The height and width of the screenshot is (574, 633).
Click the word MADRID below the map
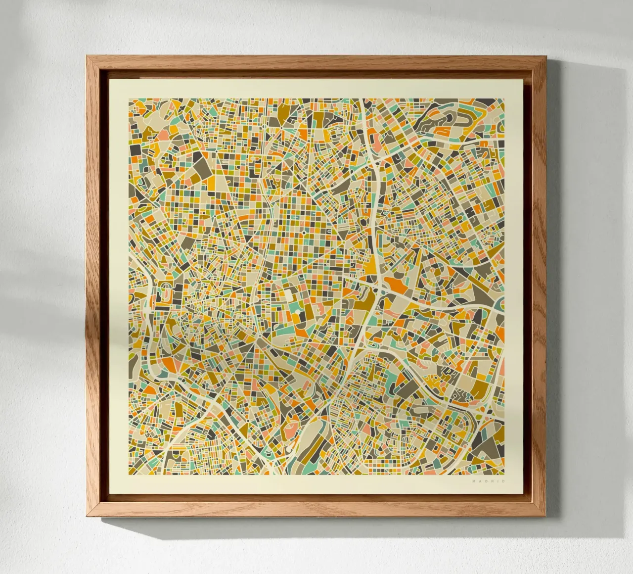pos(488,480)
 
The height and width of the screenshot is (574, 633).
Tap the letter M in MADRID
pos(474,480)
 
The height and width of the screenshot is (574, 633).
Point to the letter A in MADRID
pos(480,480)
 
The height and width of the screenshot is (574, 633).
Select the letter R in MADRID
pos(492,480)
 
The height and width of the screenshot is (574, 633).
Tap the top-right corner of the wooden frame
pos(546,56)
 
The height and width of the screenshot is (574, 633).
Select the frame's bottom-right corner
pos(546,518)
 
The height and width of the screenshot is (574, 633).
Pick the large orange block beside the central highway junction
pos(396,285)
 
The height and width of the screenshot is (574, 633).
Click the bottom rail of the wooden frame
pos(316,510)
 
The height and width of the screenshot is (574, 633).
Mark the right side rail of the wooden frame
pos(539,287)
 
